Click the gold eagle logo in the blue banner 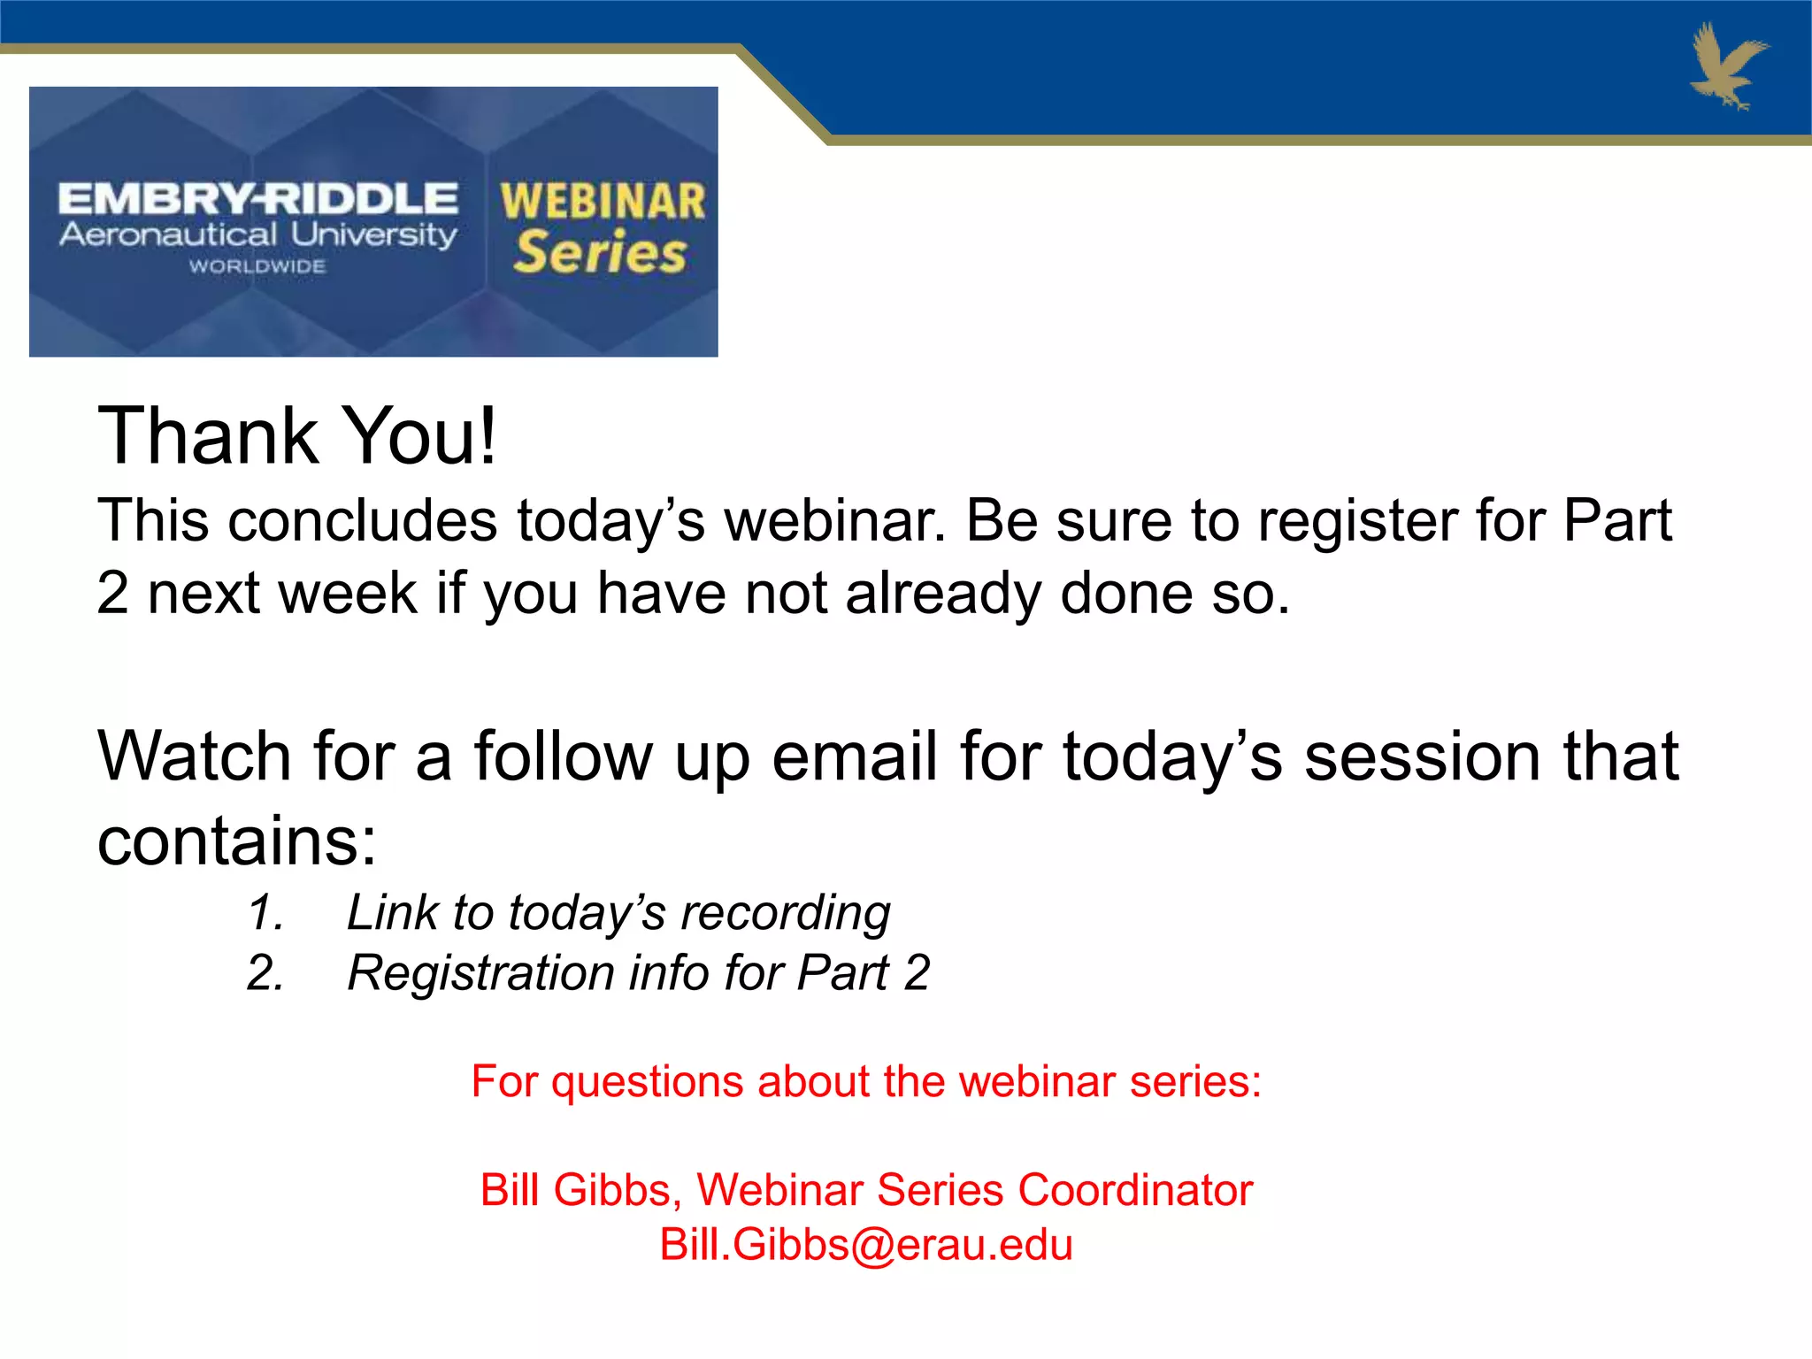click(x=1727, y=66)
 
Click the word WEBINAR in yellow click(x=603, y=202)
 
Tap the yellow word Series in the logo click(x=600, y=253)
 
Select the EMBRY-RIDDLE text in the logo click(x=257, y=199)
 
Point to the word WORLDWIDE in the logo click(x=257, y=266)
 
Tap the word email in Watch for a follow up click(x=854, y=757)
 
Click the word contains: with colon click(x=237, y=841)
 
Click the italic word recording click(x=786, y=913)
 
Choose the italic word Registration click(x=480, y=973)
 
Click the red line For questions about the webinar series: click(x=866, y=1081)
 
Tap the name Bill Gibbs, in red click(x=580, y=1190)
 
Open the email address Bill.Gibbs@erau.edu click(x=866, y=1245)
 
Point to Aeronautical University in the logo click(x=257, y=235)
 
